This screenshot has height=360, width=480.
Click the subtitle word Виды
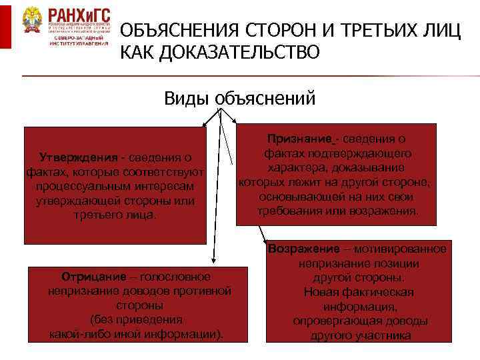(187, 99)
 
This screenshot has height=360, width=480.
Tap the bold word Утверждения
(79, 158)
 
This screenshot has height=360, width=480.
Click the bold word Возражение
(304, 249)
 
